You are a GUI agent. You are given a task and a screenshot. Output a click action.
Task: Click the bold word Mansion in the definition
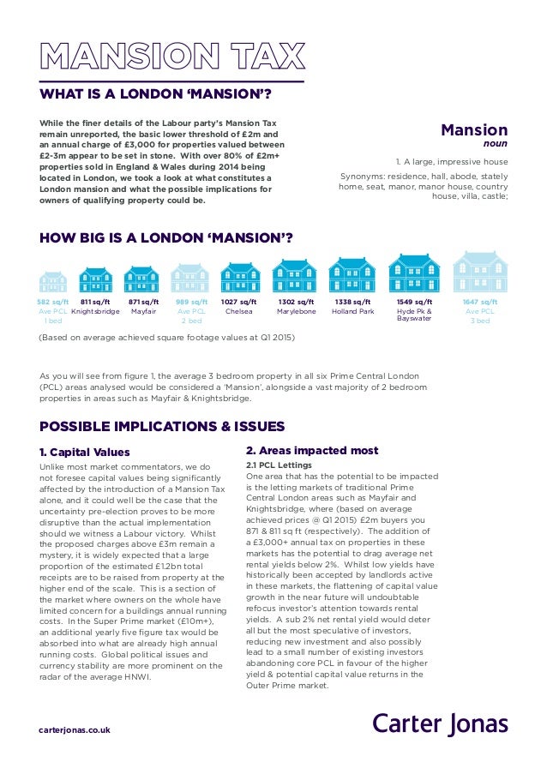474,130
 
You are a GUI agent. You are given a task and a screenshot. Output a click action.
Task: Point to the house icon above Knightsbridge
96,279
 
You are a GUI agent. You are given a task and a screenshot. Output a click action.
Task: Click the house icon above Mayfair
141,279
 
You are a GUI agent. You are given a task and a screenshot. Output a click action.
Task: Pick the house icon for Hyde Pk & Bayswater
414,274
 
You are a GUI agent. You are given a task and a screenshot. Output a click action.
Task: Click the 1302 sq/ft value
296,302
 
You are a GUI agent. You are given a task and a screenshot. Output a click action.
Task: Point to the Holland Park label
353,312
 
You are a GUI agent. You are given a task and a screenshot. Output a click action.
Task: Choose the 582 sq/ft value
53,302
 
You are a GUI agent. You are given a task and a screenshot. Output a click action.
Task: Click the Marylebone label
296,312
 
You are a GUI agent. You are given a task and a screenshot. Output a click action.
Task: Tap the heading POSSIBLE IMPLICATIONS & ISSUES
162,426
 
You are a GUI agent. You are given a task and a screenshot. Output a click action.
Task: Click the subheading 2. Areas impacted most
311,451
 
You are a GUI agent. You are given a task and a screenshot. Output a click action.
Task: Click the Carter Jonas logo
440,723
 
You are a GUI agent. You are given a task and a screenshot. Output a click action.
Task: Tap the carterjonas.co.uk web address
75,729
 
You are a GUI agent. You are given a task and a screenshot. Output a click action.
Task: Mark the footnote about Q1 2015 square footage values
167,338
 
